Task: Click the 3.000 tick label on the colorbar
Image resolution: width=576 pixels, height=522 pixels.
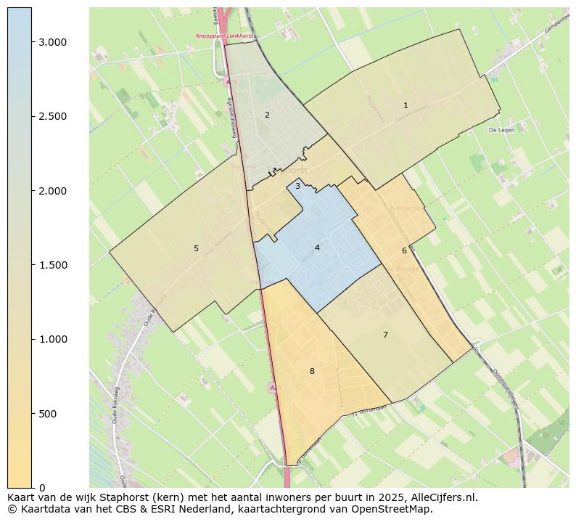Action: point(53,42)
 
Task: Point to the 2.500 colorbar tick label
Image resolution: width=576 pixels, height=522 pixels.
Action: point(53,116)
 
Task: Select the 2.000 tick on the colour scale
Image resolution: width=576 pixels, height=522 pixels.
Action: point(53,191)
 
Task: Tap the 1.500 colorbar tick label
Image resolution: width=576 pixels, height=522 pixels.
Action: point(53,265)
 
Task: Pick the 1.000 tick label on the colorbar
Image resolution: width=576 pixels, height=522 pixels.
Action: point(53,339)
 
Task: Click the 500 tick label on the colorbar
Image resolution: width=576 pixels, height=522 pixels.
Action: point(48,414)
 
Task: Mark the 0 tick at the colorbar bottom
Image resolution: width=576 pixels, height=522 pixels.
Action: point(41,488)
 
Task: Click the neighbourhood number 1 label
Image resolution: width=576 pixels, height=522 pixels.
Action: point(406,106)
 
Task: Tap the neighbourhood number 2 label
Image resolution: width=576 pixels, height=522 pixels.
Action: point(267,115)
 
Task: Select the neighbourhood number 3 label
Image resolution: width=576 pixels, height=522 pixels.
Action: point(297,186)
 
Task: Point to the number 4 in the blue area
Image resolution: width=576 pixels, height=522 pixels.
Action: point(317,248)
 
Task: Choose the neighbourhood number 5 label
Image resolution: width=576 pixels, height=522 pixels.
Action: point(196,248)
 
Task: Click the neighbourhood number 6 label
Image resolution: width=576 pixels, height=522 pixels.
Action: point(404,250)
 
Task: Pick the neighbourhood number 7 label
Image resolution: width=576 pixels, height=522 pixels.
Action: point(385,335)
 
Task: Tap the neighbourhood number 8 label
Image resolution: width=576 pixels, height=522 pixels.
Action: point(312,371)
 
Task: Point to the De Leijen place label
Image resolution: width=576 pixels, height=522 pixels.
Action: point(501,130)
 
